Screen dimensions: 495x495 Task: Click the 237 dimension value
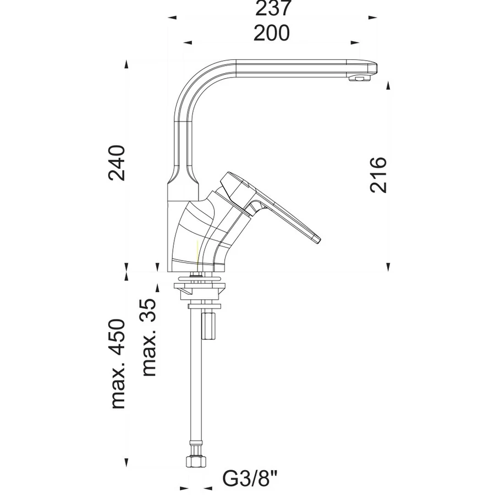coord(272,8)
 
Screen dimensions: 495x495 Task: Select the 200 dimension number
coord(272,33)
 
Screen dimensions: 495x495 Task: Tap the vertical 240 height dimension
coord(117,163)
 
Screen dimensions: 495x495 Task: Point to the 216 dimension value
coord(378,174)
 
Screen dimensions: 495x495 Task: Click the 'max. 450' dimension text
coord(118,364)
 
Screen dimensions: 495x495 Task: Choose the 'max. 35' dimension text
coord(149,337)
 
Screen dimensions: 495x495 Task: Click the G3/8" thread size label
coord(250,478)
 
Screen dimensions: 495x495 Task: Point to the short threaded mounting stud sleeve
coord(208,326)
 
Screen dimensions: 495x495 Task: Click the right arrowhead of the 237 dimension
coord(373,18)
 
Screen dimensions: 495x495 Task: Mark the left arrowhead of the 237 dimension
coord(172,18)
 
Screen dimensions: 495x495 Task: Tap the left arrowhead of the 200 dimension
coord(188,42)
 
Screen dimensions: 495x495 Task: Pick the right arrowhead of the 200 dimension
coord(355,42)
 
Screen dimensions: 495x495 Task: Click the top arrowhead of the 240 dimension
coord(127,64)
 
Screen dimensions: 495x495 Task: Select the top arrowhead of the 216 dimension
coord(388,85)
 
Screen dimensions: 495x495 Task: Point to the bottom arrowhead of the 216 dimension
coord(388,267)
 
